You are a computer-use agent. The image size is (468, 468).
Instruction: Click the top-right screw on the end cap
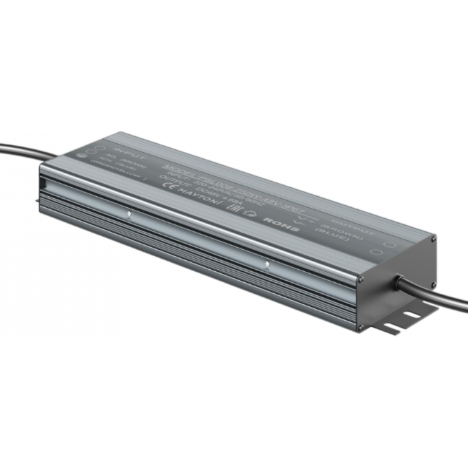pyautogui.click(x=433, y=239)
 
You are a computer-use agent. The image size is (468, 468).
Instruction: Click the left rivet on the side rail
pyautogui.click(x=128, y=213)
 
